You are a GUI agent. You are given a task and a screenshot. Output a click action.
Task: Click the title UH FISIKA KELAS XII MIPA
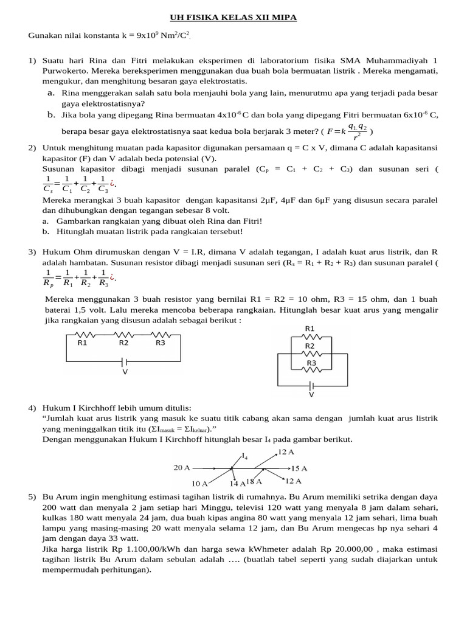233,18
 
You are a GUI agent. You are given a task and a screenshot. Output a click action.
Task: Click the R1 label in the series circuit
83,343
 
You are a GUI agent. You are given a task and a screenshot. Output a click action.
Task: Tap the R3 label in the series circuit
160,343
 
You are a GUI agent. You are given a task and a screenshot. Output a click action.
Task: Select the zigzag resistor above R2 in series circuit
124,334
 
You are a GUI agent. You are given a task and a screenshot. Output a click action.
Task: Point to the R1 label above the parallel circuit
310,329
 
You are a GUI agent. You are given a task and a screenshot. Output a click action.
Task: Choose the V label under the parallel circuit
311,394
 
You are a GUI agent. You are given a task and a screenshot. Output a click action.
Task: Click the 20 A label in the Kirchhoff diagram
182,468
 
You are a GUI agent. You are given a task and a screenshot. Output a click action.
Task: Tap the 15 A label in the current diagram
299,468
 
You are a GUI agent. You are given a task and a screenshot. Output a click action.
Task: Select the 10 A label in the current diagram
200,483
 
